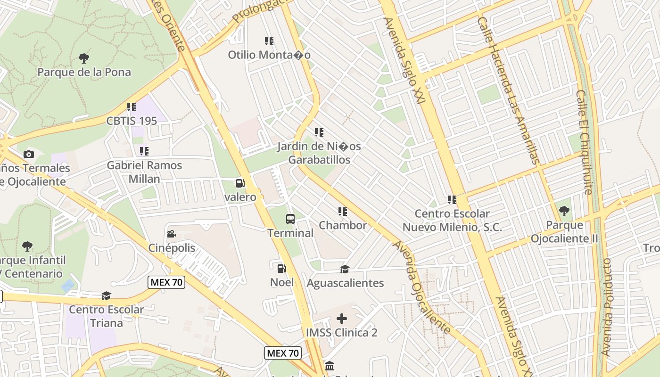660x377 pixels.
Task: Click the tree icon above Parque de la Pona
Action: (x=84, y=58)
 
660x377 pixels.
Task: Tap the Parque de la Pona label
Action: (x=84, y=72)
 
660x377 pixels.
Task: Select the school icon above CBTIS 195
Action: (x=131, y=107)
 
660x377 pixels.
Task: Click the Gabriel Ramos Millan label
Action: (x=144, y=172)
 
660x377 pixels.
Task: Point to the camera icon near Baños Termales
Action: (x=28, y=154)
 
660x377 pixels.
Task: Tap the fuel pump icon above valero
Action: (x=240, y=183)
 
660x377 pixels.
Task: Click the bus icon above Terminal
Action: (x=290, y=219)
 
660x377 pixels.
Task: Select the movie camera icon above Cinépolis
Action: (x=172, y=234)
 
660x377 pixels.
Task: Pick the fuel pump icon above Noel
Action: (x=281, y=269)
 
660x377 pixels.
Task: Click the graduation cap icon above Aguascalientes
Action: (x=345, y=269)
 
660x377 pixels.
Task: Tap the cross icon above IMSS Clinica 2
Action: (x=342, y=319)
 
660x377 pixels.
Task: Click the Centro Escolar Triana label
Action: (x=107, y=316)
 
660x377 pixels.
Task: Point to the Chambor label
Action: (x=343, y=225)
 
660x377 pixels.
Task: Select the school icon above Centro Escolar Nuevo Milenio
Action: (x=452, y=200)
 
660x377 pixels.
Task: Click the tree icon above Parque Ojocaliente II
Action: (x=564, y=211)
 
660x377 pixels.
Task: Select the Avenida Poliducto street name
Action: (x=607, y=306)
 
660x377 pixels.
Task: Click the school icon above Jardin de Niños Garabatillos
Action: (x=319, y=132)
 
